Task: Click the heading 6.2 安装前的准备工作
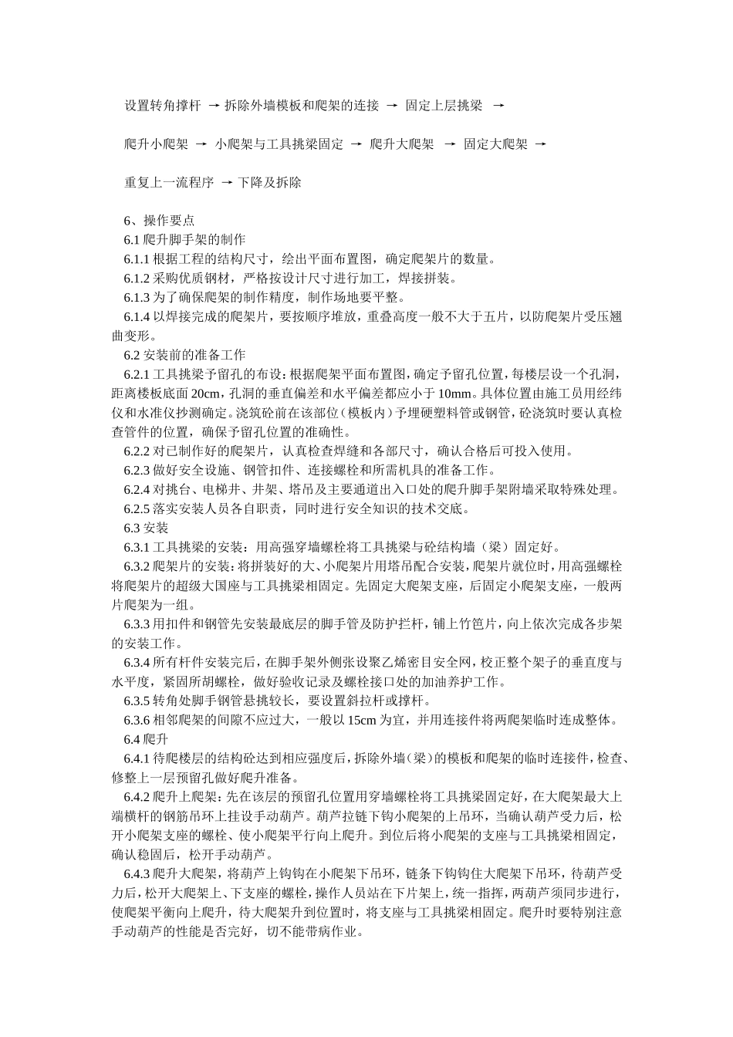[184, 355]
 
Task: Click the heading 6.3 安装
[146, 528]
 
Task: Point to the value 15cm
[362, 720]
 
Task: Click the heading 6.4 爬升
[146, 739]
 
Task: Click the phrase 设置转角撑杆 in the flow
[163, 106]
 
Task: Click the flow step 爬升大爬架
[402, 144]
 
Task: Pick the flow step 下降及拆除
[269, 183]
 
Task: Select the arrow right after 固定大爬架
[540, 144]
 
